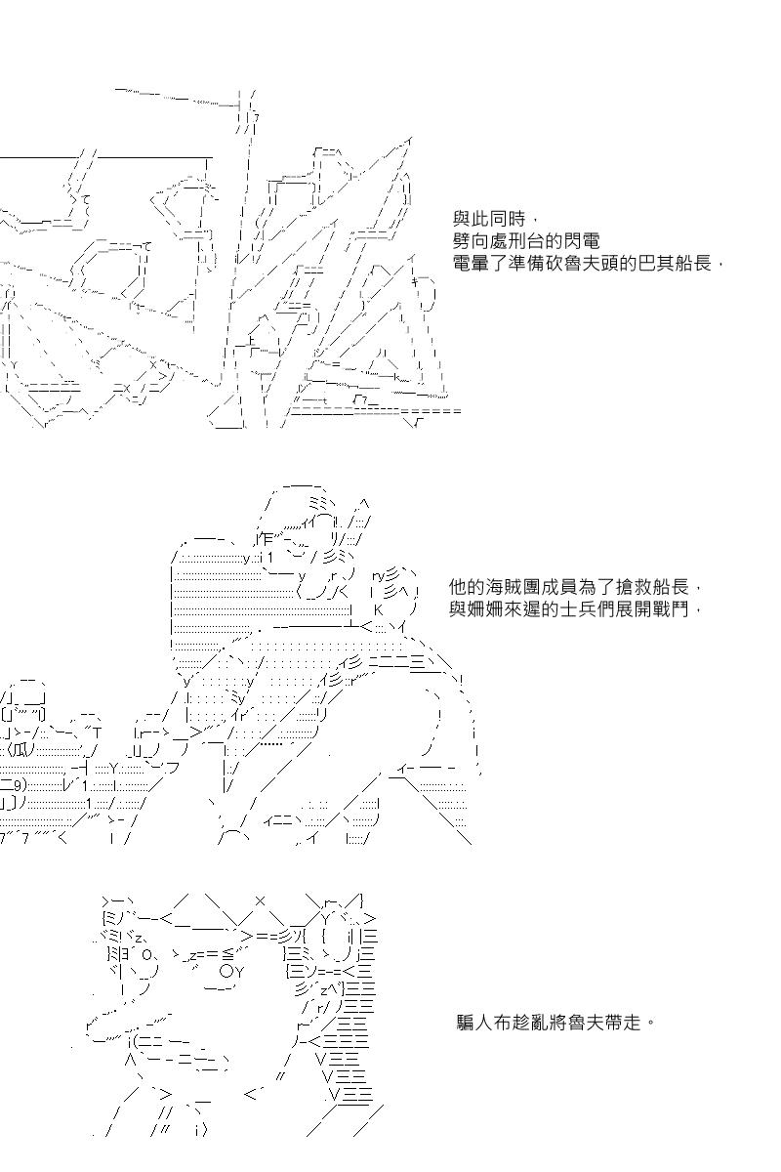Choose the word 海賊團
click(x=513, y=587)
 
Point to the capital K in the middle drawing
click(x=379, y=610)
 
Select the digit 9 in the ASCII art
click(x=18, y=786)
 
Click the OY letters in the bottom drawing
click(x=231, y=972)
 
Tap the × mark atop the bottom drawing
click(x=260, y=900)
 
